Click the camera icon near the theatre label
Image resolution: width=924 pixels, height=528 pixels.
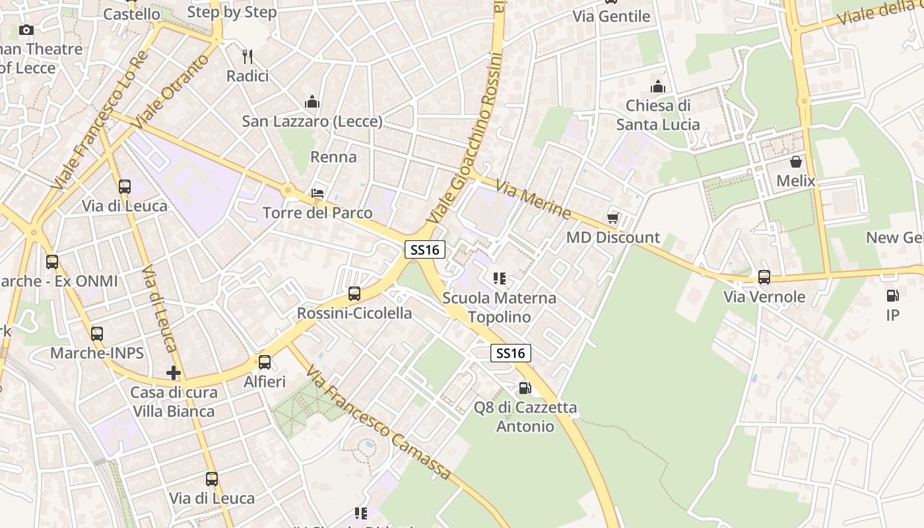coord(26,30)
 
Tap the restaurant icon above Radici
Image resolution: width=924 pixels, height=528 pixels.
coord(247,57)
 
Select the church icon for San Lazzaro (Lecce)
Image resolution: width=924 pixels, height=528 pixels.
coord(312,102)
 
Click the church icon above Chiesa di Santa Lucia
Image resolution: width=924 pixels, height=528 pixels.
coord(657,86)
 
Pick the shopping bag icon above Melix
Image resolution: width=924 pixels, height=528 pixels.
coord(796,162)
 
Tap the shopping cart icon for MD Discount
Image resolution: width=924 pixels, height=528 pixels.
coord(613,218)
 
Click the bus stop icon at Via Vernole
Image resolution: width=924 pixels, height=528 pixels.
coord(764,277)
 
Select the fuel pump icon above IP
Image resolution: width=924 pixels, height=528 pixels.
coord(892,296)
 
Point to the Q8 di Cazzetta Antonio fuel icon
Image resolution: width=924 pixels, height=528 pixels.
coord(525,388)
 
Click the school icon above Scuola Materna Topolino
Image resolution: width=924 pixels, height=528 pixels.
coord(500,279)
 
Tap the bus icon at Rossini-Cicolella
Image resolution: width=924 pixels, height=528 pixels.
coord(354,294)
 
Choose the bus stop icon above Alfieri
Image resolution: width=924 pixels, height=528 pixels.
coord(265,362)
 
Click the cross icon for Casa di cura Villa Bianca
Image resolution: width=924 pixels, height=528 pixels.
coord(174,373)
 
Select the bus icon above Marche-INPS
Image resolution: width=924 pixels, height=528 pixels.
coord(97,334)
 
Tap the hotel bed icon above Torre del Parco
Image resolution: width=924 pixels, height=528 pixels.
coord(317,193)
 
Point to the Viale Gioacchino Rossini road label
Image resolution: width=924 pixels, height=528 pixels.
coord(469,139)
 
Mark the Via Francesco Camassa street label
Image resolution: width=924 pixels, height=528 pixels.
coord(379,423)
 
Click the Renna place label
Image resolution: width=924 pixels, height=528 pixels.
coord(333,157)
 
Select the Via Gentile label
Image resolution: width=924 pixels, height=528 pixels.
coord(611,16)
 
